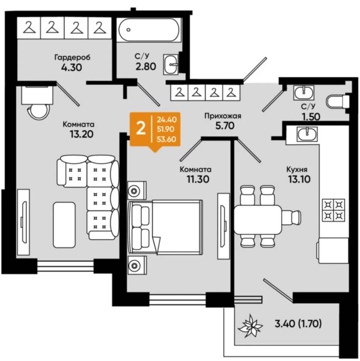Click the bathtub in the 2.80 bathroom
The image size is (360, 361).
[x=149, y=30]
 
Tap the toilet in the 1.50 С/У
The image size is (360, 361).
[x=338, y=101]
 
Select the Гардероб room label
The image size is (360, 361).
[x=72, y=57]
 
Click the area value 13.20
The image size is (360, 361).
[x=82, y=134]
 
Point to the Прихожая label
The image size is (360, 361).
[x=223, y=116]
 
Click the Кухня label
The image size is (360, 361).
[x=297, y=170]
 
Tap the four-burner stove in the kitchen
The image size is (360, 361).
[x=333, y=210]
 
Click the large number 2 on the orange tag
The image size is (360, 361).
[x=141, y=128]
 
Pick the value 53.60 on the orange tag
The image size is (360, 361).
[x=166, y=139]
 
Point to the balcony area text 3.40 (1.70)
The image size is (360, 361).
[x=298, y=324]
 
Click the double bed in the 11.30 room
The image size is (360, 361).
[x=165, y=227]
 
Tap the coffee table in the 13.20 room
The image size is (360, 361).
[x=64, y=225]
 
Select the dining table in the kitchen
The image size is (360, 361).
[x=258, y=219]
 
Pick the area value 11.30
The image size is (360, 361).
[x=198, y=179]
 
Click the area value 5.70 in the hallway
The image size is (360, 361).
[x=225, y=126]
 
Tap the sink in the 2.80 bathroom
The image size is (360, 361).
[x=171, y=65]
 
